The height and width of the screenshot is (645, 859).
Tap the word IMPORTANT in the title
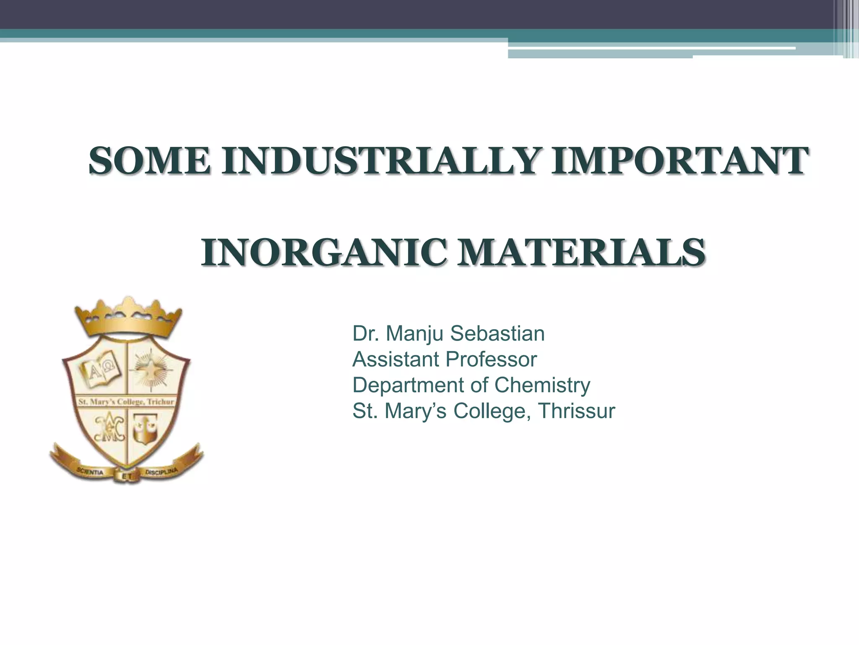(x=678, y=161)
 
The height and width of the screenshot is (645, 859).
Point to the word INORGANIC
(x=322, y=253)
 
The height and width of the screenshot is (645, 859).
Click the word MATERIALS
(x=581, y=253)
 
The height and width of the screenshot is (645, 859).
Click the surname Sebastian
(x=497, y=334)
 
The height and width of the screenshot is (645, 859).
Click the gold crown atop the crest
(x=128, y=317)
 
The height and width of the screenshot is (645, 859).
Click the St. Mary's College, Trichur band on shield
(x=126, y=402)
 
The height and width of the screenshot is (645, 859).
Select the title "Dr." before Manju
(x=363, y=334)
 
